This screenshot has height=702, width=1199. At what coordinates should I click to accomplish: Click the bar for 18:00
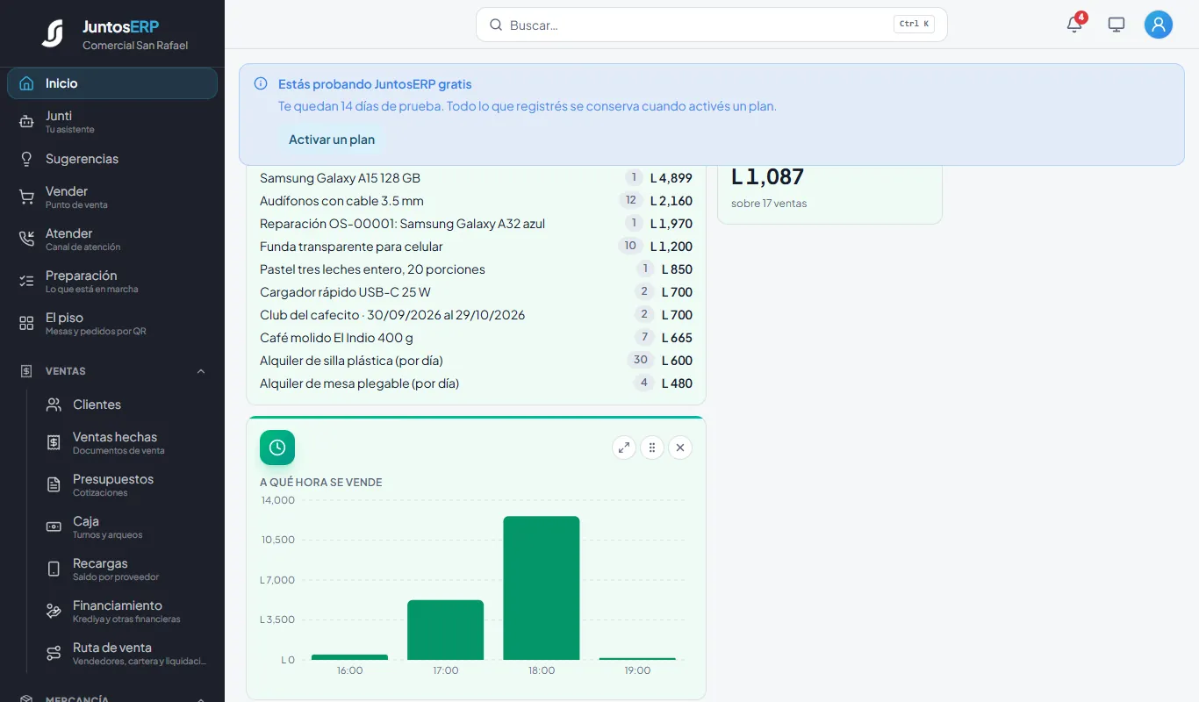542,588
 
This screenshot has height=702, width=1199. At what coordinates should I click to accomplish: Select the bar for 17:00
445,630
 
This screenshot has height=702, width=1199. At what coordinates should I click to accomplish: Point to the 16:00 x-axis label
349,670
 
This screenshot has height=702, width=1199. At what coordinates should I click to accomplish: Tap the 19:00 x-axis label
637,670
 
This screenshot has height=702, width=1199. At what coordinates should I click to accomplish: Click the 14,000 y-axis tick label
277,500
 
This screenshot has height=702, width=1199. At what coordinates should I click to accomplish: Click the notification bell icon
1074,25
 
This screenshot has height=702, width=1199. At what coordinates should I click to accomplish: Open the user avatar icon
1159,25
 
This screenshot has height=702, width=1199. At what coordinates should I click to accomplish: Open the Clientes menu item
97,405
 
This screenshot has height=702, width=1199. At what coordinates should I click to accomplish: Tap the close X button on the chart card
679,448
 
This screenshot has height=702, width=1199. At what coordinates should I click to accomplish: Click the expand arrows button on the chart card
623,448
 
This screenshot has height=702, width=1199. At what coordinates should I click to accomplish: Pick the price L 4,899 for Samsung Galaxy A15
671,177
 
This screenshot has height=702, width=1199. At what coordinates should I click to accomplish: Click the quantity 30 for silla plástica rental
640,360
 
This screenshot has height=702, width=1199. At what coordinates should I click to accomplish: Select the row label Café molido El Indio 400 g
336,338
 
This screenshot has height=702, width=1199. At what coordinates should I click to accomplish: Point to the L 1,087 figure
767,177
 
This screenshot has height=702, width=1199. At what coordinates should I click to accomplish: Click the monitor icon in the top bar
1116,25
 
